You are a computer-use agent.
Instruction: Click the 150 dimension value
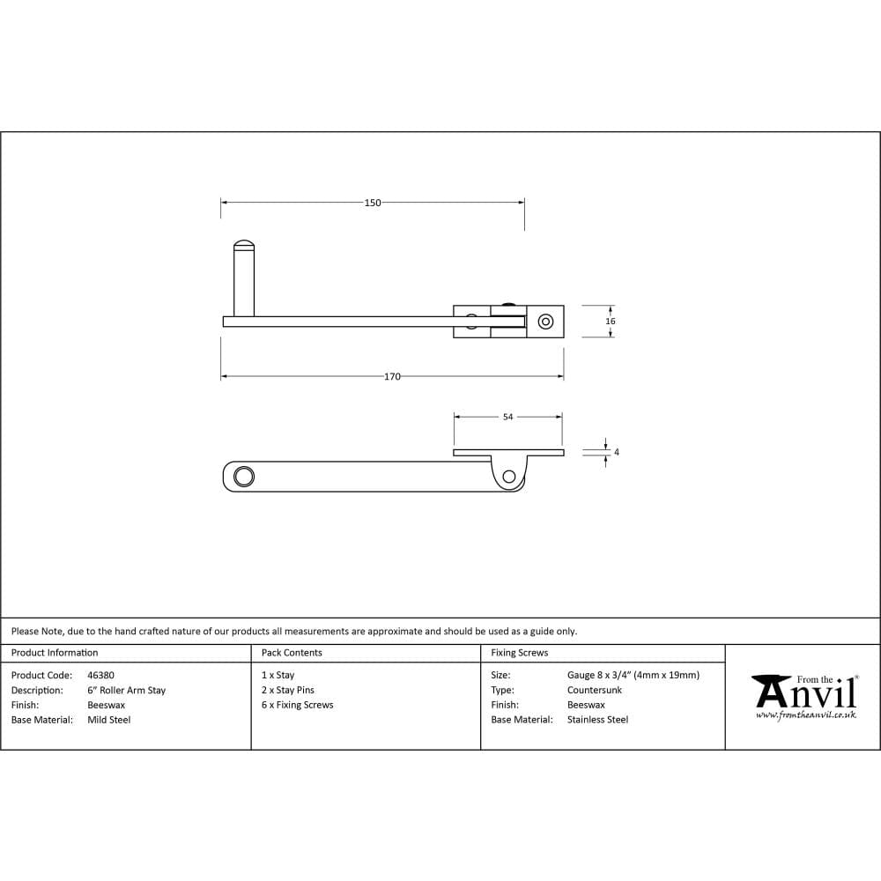pyautogui.click(x=373, y=203)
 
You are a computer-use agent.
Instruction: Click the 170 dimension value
pyautogui.click(x=392, y=377)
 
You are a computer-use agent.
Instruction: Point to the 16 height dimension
pyautogui.click(x=611, y=322)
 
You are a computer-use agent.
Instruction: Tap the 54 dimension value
pyautogui.click(x=507, y=418)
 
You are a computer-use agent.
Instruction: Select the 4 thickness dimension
pyautogui.click(x=616, y=452)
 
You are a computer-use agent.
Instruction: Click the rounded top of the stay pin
pyautogui.click(x=244, y=244)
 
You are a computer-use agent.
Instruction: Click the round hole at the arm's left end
pyautogui.click(x=243, y=477)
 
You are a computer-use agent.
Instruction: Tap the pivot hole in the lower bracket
pyautogui.click(x=508, y=477)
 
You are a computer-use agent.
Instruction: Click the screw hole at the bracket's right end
pyautogui.click(x=544, y=322)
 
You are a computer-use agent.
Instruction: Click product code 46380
pyautogui.click(x=100, y=676)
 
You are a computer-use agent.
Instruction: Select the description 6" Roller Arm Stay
pyautogui.click(x=126, y=691)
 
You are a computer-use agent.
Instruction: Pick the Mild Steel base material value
pyautogui.click(x=108, y=720)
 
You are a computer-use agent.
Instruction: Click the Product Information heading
pyautogui.click(x=55, y=653)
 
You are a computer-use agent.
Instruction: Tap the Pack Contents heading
pyautogui.click(x=292, y=653)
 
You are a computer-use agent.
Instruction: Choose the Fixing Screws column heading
pyautogui.click(x=519, y=653)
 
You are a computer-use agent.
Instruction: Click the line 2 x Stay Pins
pyautogui.click(x=287, y=691)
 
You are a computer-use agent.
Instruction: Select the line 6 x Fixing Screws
pyautogui.click(x=297, y=705)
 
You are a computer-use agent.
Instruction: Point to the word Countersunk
pyautogui.click(x=594, y=691)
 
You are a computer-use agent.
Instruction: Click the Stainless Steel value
pyautogui.click(x=597, y=720)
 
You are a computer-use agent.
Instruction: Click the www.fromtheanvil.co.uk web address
pyautogui.click(x=806, y=715)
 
